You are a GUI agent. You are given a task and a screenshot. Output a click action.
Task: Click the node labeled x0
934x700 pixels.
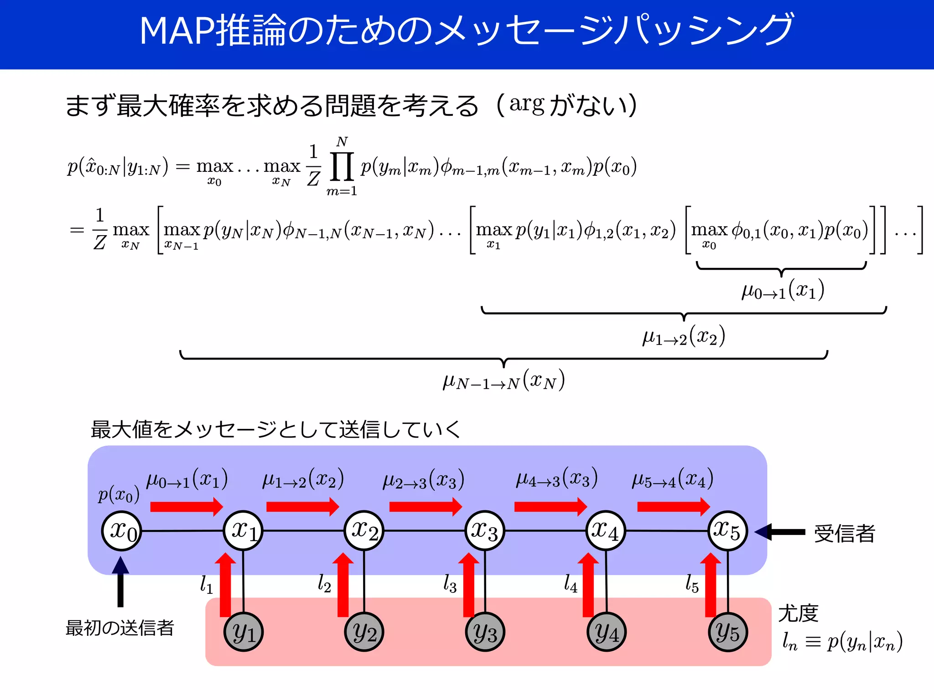121,531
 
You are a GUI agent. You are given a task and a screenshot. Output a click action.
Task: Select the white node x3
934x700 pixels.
484,531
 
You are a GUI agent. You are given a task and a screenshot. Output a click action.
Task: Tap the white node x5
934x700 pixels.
727,531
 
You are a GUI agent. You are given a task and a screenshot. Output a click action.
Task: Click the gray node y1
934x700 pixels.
243,632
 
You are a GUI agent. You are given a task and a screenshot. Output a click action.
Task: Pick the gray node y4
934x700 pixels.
606,632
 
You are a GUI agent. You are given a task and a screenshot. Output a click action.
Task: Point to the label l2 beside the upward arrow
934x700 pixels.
324,583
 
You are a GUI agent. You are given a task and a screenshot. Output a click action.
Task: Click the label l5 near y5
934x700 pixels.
692,583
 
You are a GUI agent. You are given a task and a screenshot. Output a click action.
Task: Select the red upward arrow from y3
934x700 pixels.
469,586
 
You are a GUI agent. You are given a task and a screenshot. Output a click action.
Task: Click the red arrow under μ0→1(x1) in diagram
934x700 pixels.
186,506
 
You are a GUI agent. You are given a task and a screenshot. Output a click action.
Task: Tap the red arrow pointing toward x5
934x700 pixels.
673,506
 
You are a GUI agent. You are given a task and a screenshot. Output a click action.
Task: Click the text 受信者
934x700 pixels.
845,533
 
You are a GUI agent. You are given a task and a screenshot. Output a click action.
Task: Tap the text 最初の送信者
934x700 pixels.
120,628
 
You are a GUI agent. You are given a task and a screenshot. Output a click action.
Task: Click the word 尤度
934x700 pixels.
798,613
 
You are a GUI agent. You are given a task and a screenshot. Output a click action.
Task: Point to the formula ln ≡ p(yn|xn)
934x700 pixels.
842,642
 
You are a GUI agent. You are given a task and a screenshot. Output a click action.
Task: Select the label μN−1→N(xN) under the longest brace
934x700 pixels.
503,381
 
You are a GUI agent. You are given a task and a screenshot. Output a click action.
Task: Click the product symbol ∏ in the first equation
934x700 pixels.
342,166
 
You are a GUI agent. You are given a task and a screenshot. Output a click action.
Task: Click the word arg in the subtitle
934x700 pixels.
527,105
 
